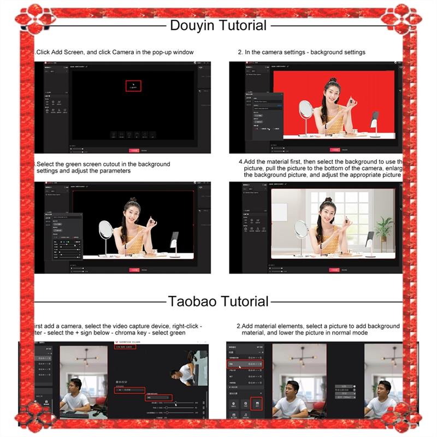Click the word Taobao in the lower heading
(187, 302)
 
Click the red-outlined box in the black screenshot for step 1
(133, 86)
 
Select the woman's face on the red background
(332, 89)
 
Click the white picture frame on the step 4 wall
(279, 212)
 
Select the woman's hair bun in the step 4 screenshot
(327, 201)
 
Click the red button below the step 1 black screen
(134, 150)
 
